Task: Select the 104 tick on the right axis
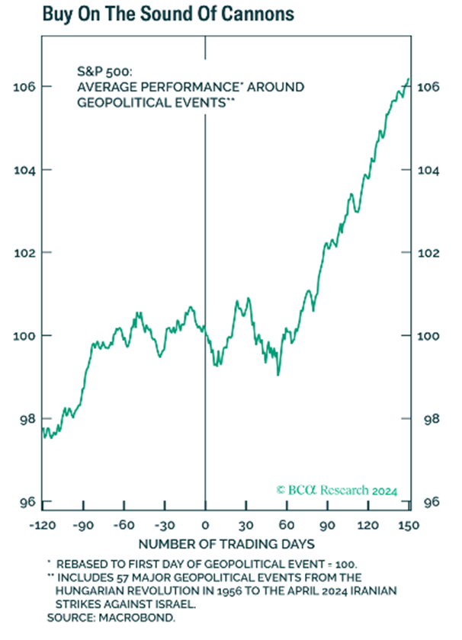click(429, 170)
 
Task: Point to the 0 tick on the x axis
click(205, 526)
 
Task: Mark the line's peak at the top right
click(409, 78)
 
